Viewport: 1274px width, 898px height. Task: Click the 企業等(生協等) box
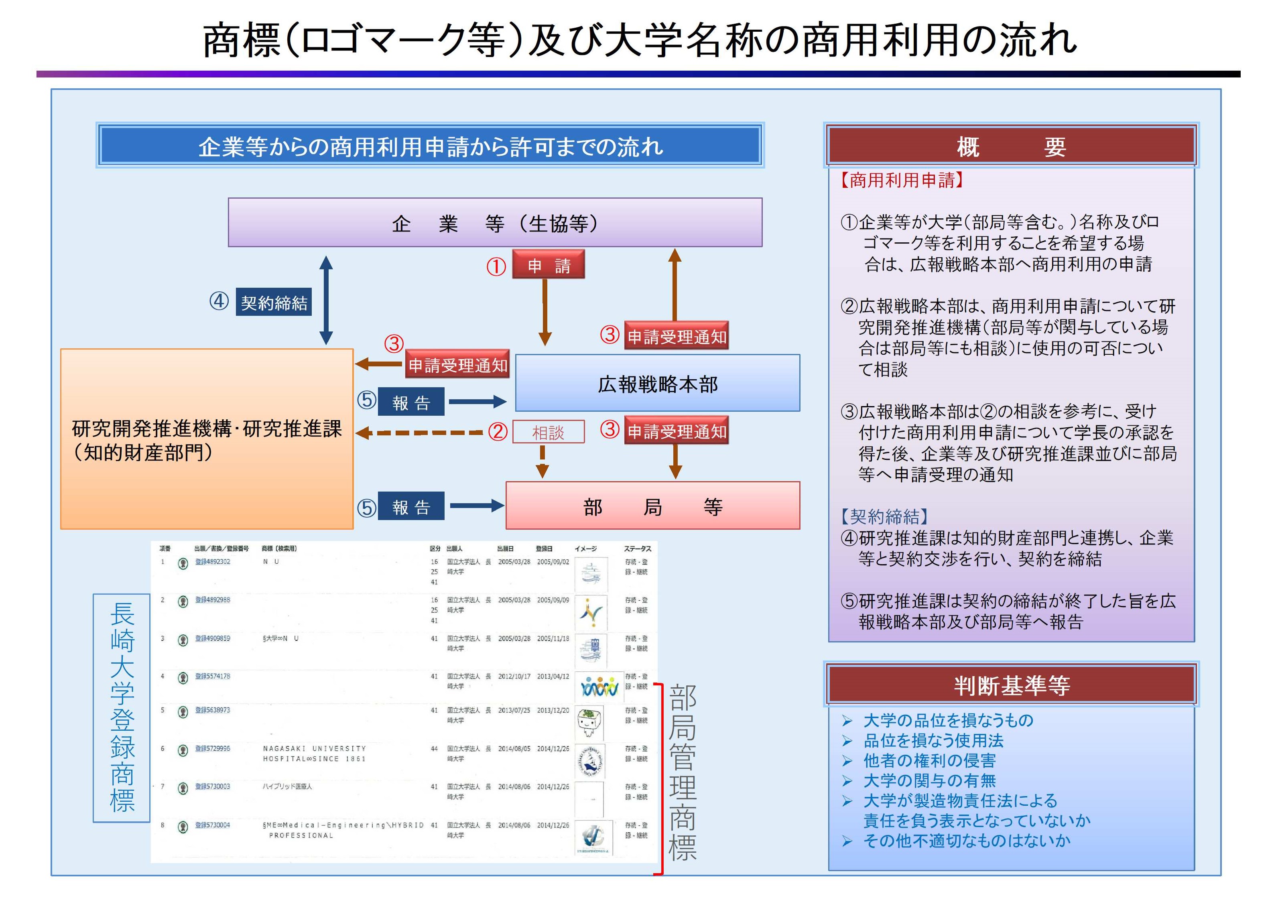(x=494, y=223)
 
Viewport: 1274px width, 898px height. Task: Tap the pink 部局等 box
(x=652, y=506)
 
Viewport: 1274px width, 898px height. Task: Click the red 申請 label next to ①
(x=548, y=265)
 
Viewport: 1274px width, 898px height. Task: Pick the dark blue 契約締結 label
(x=274, y=302)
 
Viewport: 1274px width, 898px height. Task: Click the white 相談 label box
(x=548, y=432)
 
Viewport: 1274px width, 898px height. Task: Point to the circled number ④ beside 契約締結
(x=219, y=301)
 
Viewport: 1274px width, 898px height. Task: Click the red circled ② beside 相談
(x=498, y=432)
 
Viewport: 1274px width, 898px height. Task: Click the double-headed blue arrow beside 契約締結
(x=326, y=300)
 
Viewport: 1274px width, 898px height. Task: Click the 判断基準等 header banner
(x=1011, y=685)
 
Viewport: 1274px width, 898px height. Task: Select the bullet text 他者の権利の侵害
(x=929, y=760)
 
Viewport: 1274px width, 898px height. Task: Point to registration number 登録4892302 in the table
(x=213, y=562)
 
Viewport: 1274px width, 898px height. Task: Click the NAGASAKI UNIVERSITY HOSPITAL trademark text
(x=314, y=753)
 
